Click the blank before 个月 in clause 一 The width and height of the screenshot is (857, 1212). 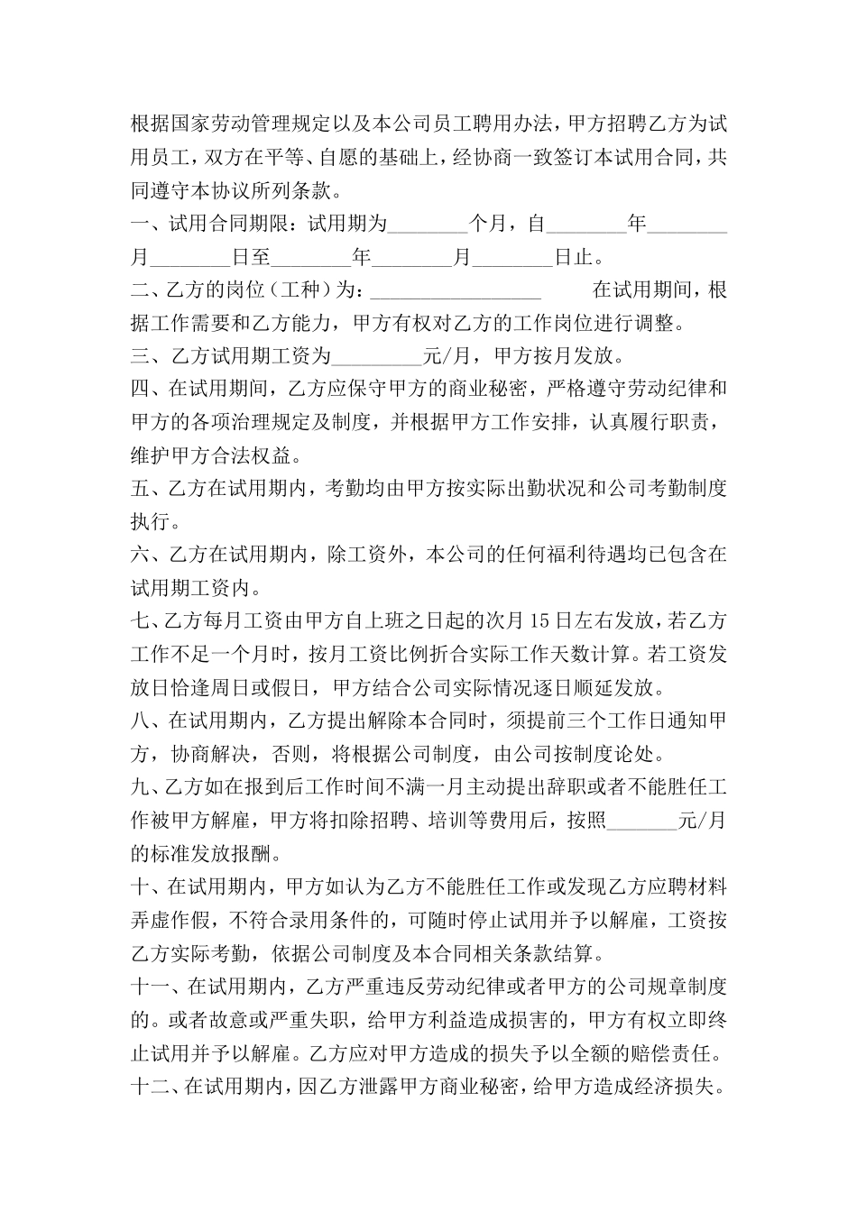(x=426, y=225)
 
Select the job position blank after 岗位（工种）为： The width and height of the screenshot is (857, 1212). (x=456, y=290)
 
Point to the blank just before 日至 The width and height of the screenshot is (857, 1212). (x=189, y=258)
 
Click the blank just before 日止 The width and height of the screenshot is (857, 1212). (x=512, y=258)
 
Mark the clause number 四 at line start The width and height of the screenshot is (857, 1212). (x=140, y=390)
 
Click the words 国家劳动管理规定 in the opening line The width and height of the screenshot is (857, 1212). (x=249, y=124)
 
